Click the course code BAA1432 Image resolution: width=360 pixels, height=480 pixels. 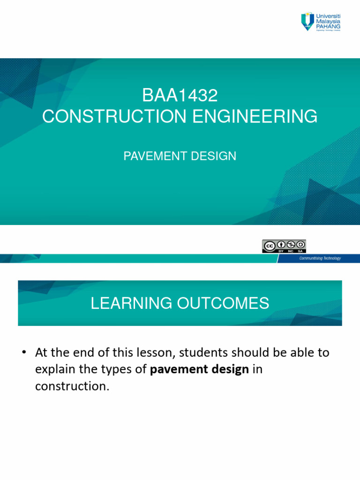point(180,96)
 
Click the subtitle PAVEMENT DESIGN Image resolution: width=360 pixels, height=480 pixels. point(180,156)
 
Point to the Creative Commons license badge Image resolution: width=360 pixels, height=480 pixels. point(284,246)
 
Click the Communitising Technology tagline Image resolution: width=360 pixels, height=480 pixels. point(320,258)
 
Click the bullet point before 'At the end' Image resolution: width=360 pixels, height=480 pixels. point(23,352)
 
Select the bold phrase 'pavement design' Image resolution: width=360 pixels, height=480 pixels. point(199,370)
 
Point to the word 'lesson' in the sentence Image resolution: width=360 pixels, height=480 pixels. point(150,352)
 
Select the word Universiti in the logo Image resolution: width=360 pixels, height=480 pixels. point(329,16)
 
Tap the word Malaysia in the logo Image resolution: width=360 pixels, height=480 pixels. point(329,22)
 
